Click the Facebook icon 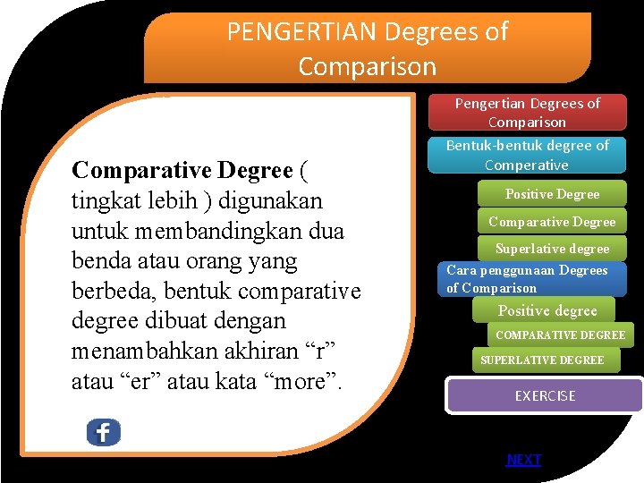[103, 433]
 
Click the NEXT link [523, 460]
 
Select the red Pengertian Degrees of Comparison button [527, 113]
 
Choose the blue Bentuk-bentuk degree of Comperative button [527, 155]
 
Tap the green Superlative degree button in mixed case [552, 249]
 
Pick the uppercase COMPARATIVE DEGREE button [560, 335]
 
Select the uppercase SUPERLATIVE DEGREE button [542, 360]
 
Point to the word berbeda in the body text [107, 291]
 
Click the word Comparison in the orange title [367, 66]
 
